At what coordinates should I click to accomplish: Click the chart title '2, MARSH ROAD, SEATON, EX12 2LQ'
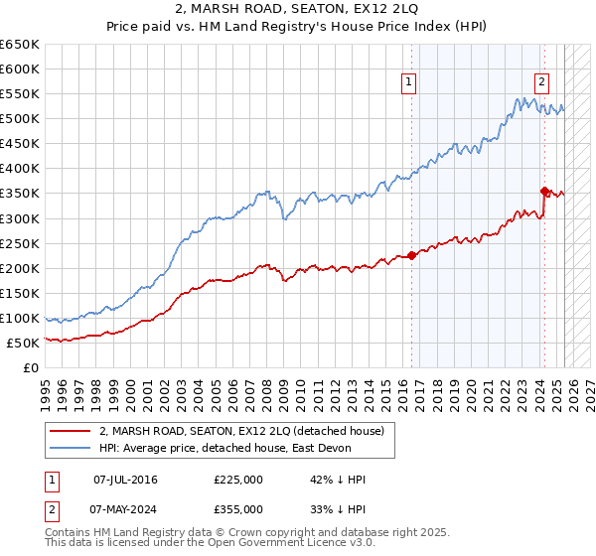point(298,11)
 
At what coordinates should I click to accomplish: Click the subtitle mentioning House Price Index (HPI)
point(298,29)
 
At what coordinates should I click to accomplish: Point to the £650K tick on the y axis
point(20,45)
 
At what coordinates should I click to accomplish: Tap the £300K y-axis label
point(20,218)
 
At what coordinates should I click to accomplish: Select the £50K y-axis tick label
point(23,343)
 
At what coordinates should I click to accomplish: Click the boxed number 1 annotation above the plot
point(409,83)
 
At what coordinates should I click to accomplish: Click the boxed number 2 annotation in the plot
point(541,83)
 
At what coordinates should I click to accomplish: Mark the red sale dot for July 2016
point(411,256)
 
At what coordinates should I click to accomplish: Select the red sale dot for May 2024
point(544,191)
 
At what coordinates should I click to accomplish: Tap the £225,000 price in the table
point(238,480)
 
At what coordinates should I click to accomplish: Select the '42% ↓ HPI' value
point(338,480)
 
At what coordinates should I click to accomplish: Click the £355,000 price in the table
point(238,509)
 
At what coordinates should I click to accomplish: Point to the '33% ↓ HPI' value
point(338,509)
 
